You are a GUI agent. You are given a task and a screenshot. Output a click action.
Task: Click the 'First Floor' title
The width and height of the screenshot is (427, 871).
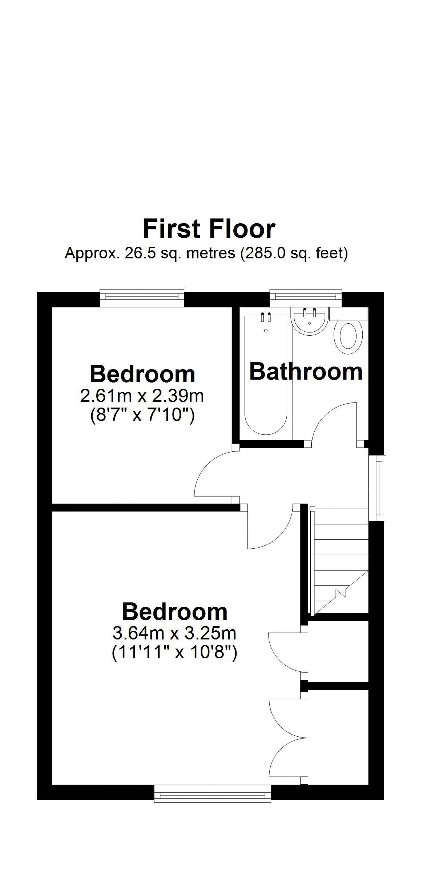coord(209,229)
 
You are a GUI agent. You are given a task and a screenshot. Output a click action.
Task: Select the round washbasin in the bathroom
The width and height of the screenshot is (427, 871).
coord(310,321)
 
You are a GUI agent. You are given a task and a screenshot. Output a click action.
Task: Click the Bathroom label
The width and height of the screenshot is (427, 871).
coord(306,372)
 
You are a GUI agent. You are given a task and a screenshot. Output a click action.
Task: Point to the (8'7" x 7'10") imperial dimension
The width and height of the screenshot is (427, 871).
coord(142,415)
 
